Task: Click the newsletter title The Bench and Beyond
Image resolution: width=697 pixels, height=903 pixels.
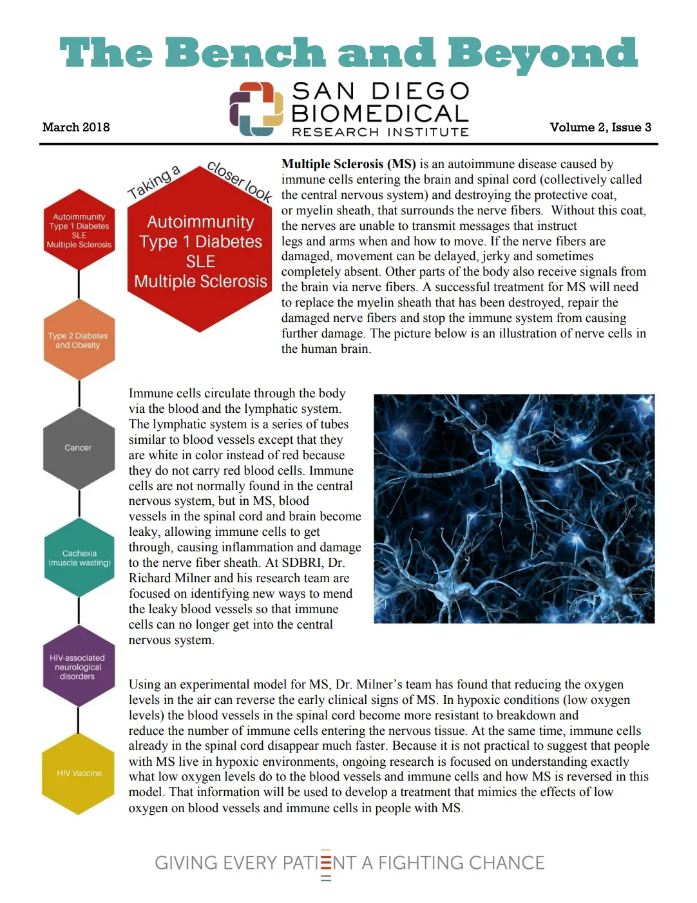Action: (x=348, y=53)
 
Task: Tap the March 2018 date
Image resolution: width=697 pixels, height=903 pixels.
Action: (x=76, y=127)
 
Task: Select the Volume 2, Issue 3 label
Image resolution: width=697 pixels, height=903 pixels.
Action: (x=600, y=127)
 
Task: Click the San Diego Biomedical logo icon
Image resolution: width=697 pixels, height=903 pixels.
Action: (x=256, y=109)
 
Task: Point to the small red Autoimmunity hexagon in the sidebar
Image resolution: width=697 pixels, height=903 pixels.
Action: (x=79, y=230)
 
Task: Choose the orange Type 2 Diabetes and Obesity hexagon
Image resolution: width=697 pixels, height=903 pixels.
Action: (x=79, y=340)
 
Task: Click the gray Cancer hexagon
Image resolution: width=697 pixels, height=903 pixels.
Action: (x=79, y=448)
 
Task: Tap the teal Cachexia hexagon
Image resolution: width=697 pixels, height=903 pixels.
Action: (x=79, y=558)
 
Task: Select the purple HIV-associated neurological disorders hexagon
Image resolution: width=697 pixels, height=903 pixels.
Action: (x=78, y=667)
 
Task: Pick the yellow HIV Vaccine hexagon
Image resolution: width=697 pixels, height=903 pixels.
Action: (x=79, y=773)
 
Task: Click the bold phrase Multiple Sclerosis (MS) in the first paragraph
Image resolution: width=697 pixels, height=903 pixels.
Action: (x=348, y=164)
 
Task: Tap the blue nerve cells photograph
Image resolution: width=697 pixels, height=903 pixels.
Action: (x=514, y=508)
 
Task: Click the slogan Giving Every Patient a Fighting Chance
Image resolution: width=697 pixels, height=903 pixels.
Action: (x=349, y=863)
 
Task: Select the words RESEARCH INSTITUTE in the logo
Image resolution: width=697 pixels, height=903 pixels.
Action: (x=380, y=132)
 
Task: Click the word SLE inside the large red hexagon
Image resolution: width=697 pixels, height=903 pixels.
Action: (x=200, y=261)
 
